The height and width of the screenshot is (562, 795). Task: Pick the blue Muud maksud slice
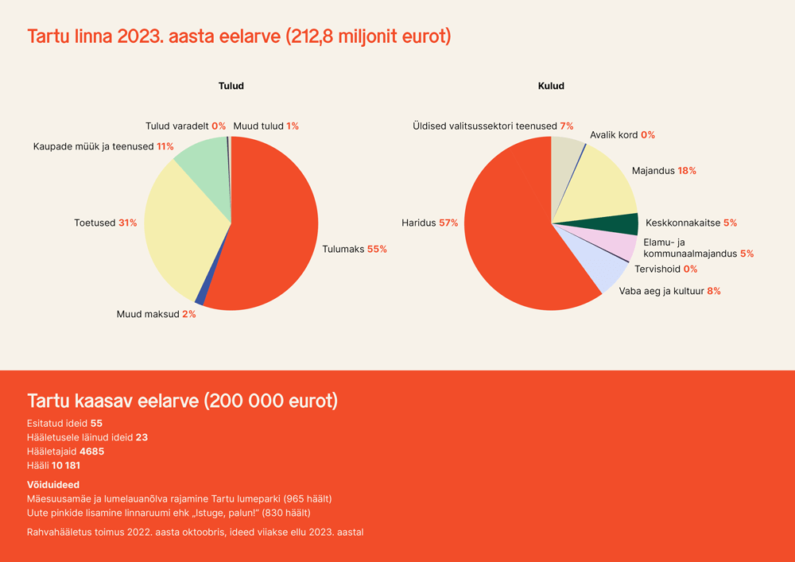pos(200,300)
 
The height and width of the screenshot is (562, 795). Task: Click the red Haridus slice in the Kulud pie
pos(509,231)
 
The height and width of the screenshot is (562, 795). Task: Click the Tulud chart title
pos(231,86)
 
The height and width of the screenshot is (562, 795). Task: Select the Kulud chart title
pos(551,86)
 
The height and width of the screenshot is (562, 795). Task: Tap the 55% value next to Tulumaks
pos(377,250)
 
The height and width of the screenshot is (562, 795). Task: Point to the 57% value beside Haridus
pos(448,223)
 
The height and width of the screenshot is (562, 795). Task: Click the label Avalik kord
pos(614,135)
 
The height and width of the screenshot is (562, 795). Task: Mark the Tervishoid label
pos(657,269)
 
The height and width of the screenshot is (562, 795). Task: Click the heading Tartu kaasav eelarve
pos(182,401)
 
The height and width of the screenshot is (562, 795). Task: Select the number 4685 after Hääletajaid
pos(91,452)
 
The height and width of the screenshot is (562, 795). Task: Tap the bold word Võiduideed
pos(53,484)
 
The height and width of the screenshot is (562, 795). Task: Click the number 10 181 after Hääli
pos(66,466)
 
